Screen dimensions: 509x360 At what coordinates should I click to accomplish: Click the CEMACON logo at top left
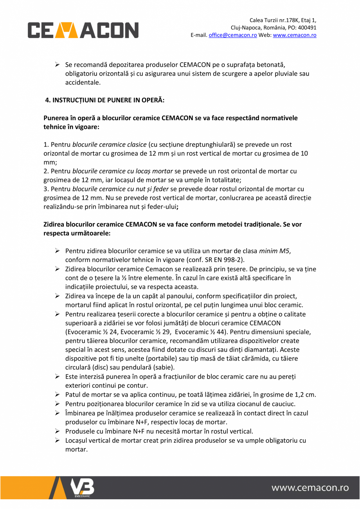83,30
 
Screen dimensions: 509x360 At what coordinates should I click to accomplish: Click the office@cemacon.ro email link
232,35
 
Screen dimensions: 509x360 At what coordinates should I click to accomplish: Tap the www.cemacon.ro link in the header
294,35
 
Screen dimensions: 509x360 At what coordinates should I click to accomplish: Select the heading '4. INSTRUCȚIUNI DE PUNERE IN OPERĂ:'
105,100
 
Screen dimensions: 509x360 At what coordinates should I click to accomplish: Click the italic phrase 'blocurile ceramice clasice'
110,145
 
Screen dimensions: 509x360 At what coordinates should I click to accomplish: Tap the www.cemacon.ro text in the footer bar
310,488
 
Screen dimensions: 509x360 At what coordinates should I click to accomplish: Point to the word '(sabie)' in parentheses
164,368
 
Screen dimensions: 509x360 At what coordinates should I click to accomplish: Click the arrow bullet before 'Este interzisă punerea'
57,377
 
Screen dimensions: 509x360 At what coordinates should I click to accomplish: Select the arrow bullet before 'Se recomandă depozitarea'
57,65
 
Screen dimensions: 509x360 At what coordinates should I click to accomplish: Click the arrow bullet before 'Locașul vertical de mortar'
57,440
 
